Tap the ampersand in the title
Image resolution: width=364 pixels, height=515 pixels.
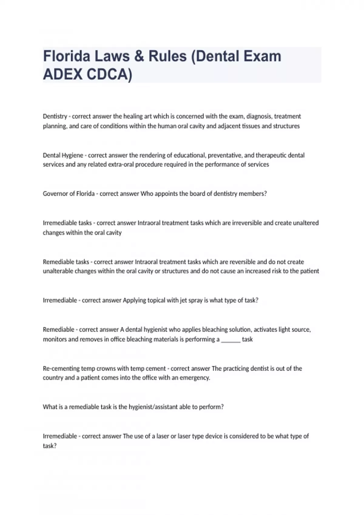point(139,56)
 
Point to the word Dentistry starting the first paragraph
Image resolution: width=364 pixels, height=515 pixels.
point(55,116)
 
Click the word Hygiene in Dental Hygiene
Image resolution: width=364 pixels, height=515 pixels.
point(72,155)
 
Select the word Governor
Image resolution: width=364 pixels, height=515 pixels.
point(55,194)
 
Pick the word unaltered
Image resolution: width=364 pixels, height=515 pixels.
point(306,223)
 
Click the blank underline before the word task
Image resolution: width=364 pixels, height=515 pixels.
point(231,340)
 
